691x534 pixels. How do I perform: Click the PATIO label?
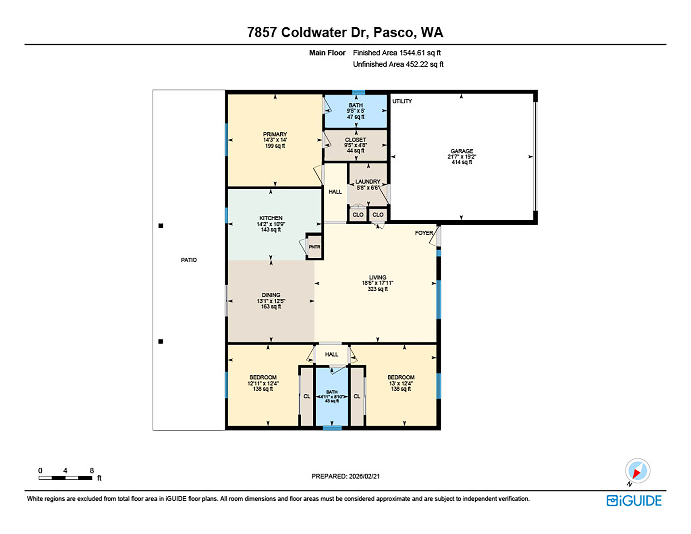tap(189, 260)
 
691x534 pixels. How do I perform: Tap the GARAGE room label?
tap(461, 151)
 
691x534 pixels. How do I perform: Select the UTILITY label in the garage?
tap(402, 101)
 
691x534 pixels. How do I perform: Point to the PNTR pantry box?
tap(314, 247)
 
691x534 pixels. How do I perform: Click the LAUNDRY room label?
tap(368, 182)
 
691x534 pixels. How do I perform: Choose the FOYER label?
tap(424, 233)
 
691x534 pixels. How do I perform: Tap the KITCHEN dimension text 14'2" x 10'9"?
tap(271, 224)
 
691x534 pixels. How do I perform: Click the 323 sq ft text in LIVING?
tap(377, 289)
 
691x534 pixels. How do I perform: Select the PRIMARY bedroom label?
tap(275, 135)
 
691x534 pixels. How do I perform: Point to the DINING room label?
tap(271, 295)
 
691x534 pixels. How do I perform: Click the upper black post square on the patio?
tap(161, 226)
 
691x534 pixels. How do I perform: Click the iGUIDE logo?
tap(634, 501)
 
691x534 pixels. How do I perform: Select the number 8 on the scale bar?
tap(92, 471)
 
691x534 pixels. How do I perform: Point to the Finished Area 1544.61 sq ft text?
tap(397, 53)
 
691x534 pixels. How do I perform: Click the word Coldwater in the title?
tap(314, 33)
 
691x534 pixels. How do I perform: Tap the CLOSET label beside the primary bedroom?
tap(355, 140)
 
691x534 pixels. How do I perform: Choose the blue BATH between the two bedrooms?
tap(332, 396)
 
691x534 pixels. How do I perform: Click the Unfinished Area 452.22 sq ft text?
tap(398, 64)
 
